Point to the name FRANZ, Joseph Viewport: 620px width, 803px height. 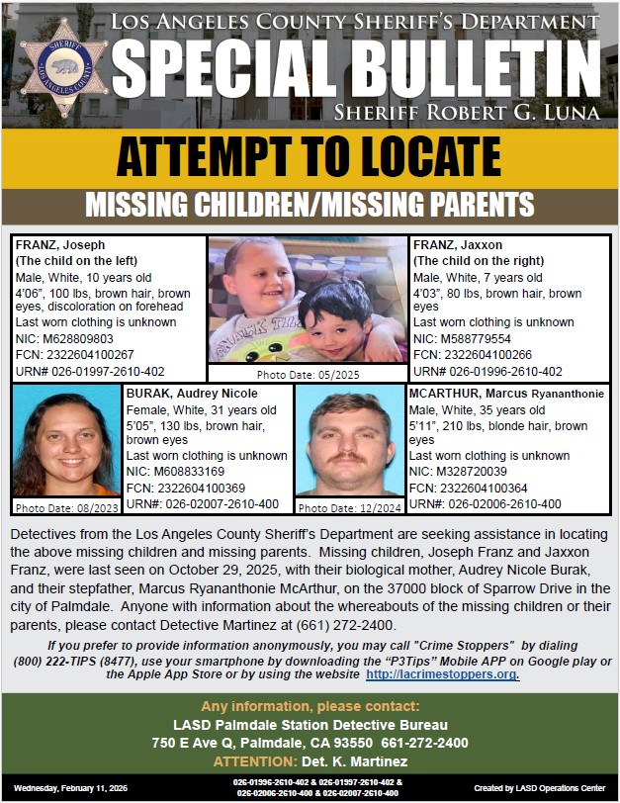tap(60, 245)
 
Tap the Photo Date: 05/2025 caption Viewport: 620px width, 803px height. tap(310, 376)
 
